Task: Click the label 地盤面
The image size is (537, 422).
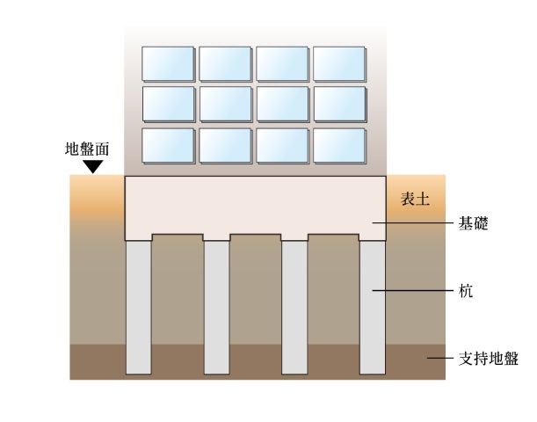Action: coord(88,149)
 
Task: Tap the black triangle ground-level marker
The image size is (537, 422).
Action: coord(92,165)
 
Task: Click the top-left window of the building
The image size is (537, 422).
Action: coord(168,62)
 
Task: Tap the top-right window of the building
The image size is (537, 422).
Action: coord(339,62)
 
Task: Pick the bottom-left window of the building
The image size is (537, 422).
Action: coord(168,146)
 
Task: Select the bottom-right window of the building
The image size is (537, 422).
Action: coord(339,146)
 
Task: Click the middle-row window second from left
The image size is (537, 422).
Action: coord(225,104)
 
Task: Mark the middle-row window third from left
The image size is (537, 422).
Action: coord(282,104)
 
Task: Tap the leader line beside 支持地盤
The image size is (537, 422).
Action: coord(439,358)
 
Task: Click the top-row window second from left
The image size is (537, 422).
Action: coord(225,62)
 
